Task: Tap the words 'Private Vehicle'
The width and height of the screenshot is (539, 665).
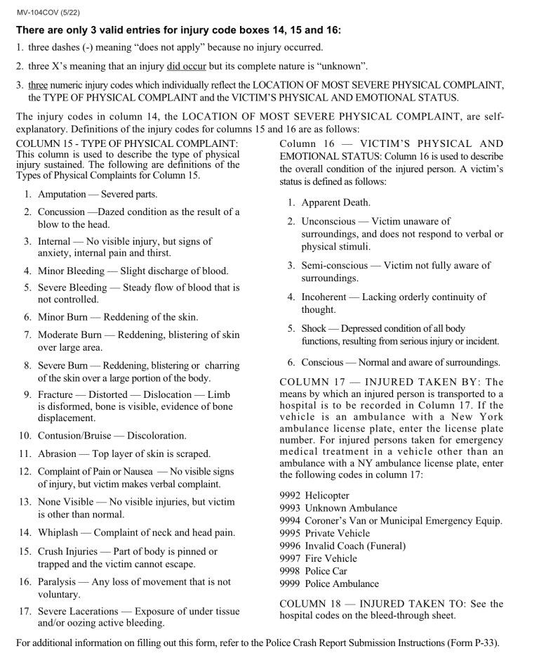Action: coord(340,534)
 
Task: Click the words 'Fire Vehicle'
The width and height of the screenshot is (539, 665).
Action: coord(333,558)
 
